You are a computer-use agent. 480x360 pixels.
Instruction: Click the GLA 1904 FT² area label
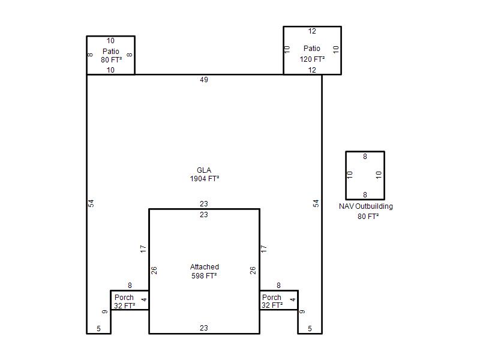(x=204, y=175)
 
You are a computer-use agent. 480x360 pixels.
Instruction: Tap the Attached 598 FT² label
(x=204, y=271)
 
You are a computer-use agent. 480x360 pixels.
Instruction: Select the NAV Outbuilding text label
(x=366, y=206)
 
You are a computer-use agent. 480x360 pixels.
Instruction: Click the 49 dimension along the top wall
(x=204, y=80)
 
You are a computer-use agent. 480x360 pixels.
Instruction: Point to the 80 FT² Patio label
(x=111, y=55)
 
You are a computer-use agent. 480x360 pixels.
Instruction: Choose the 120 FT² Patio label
(x=312, y=53)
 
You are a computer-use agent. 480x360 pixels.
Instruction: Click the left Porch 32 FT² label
(x=125, y=302)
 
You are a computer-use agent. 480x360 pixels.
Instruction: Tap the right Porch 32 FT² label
(x=272, y=302)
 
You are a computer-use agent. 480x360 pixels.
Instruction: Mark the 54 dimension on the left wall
(x=91, y=203)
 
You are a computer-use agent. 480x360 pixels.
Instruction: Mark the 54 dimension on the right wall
(x=316, y=203)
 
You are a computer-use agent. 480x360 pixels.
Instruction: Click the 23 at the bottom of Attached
(x=204, y=328)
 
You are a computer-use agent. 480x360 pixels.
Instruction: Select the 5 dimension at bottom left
(x=98, y=329)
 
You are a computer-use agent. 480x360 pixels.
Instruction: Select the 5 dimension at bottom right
(x=310, y=329)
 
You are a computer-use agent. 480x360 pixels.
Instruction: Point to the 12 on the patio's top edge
(x=312, y=31)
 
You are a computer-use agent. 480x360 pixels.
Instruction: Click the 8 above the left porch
(x=130, y=286)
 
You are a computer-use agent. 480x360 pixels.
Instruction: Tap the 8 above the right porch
(x=278, y=286)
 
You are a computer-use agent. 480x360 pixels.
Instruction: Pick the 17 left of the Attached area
(x=143, y=249)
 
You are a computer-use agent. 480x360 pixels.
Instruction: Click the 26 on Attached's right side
(x=253, y=271)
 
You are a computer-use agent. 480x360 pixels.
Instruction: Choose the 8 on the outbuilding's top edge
(x=365, y=157)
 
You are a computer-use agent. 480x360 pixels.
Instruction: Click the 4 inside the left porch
(x=144, y=299)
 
